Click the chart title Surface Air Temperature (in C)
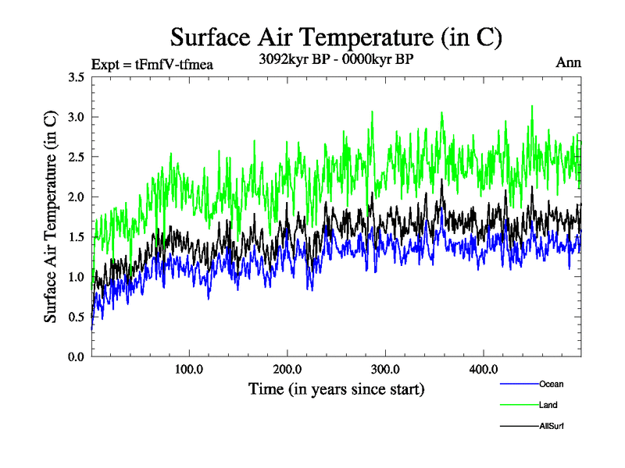pos(336,37)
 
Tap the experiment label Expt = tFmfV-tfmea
pos(152,64)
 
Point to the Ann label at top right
pos(568,62)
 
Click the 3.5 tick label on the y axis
pos(77,77)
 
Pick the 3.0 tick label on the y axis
pos(77,117)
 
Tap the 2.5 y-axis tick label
pos(77,157)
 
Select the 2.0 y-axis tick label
pos(77,197)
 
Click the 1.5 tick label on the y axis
pos(77,237)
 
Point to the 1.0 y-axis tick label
pos(77,277)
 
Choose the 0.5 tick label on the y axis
pos(77,317)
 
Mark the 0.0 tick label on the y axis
pos(77,356)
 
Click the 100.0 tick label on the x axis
pos(189,369)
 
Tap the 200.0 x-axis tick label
pos(287,369)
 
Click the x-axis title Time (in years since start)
pos(336,388)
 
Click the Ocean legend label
pos(551,384)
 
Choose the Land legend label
pos(548,405)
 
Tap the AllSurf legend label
pos(551,426)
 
